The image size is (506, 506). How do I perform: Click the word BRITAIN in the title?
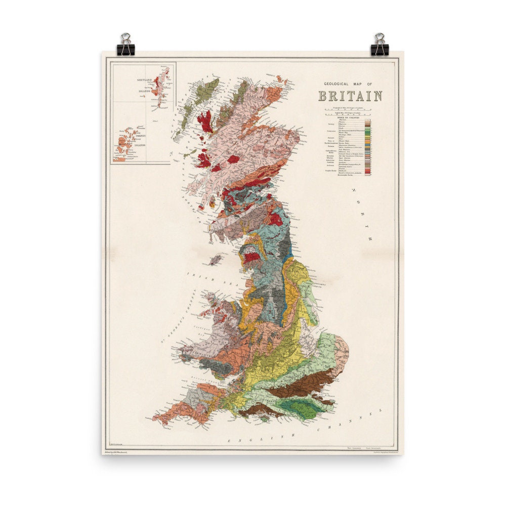[x=350, y=96]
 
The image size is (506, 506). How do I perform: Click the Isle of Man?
[x=216, y=260]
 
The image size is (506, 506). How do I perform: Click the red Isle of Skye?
[x=205, y=121]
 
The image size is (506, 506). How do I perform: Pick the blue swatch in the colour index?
[x=368, y=146]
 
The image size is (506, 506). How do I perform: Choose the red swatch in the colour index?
[x=368, y=172]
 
